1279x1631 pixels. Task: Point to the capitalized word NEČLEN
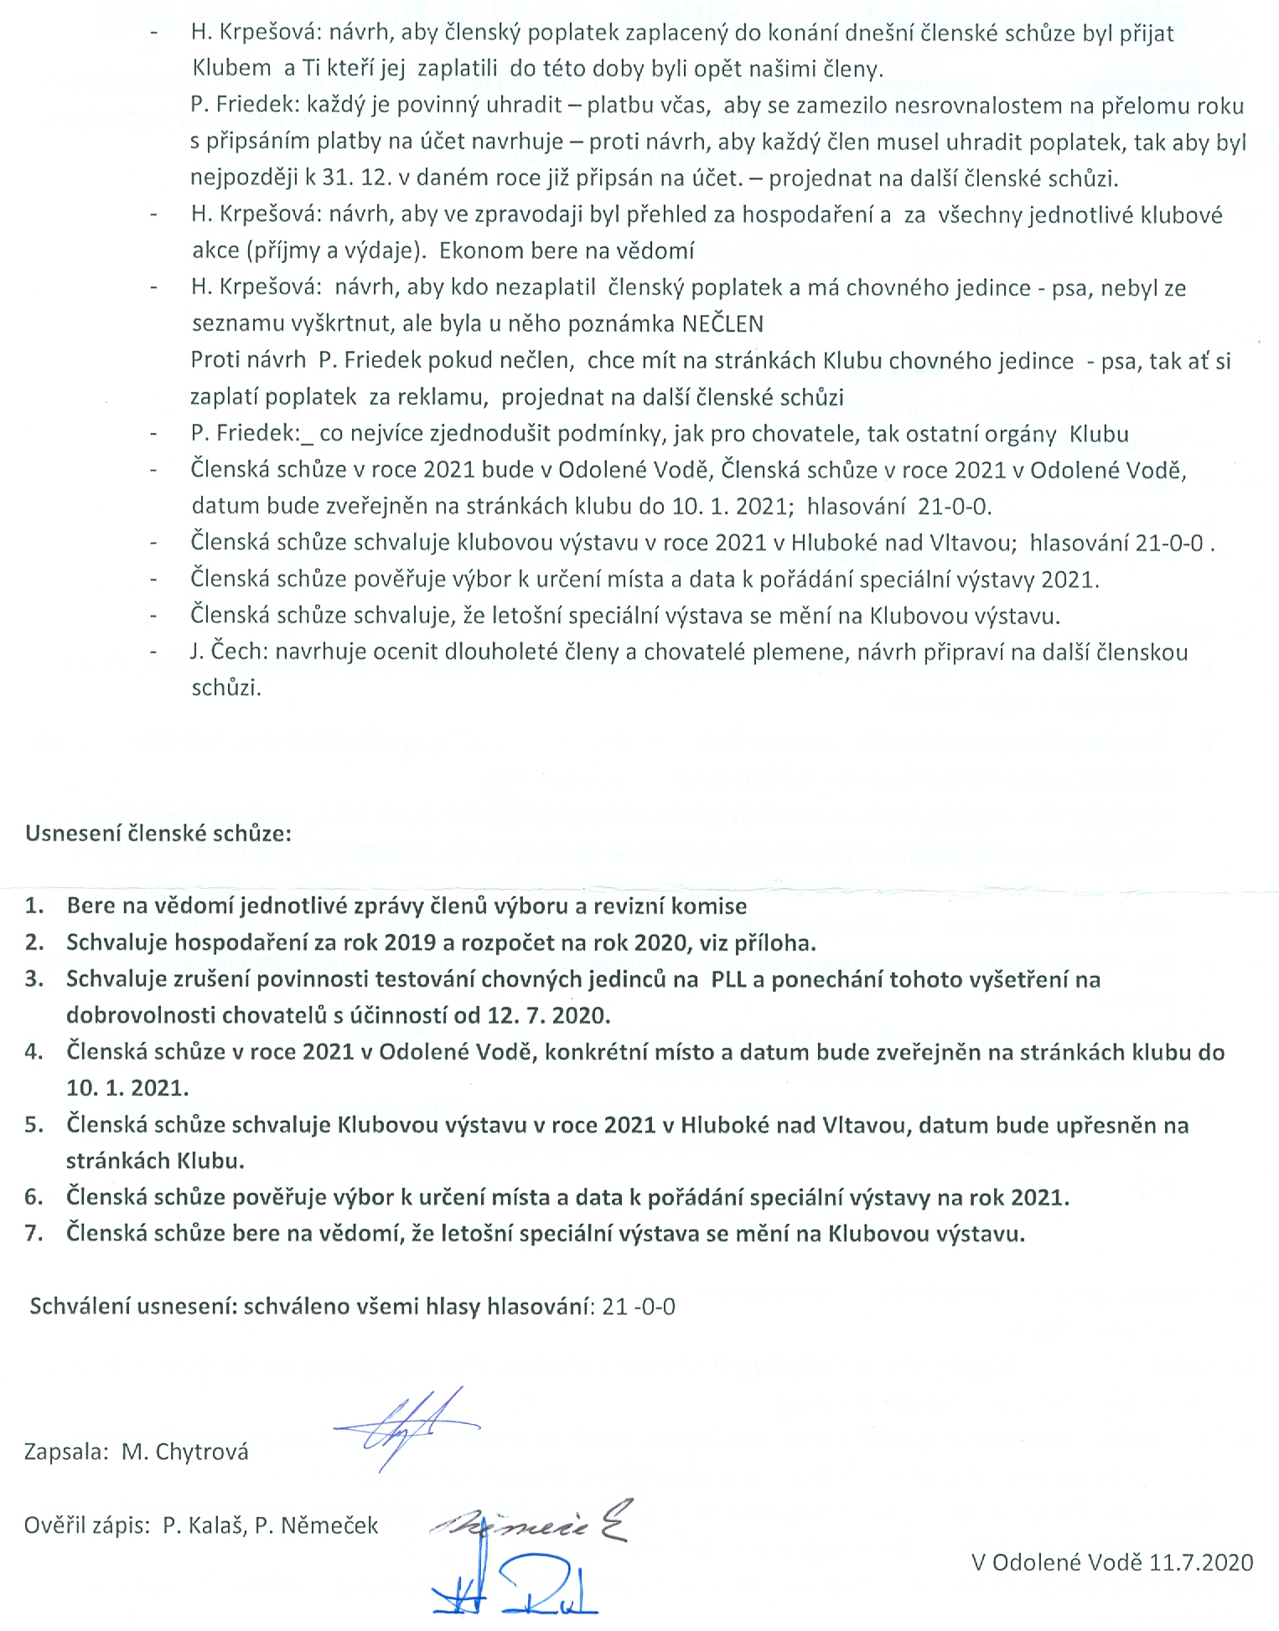[x=722, y=324]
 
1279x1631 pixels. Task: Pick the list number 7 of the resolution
[x=34, y=1233]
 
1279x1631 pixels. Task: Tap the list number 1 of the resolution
[x=34, y=906]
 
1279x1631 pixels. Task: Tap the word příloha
[x=779, y=942]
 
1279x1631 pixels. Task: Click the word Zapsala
[x=65, y=1452]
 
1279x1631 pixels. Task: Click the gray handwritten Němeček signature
[x=528, y=1521]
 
